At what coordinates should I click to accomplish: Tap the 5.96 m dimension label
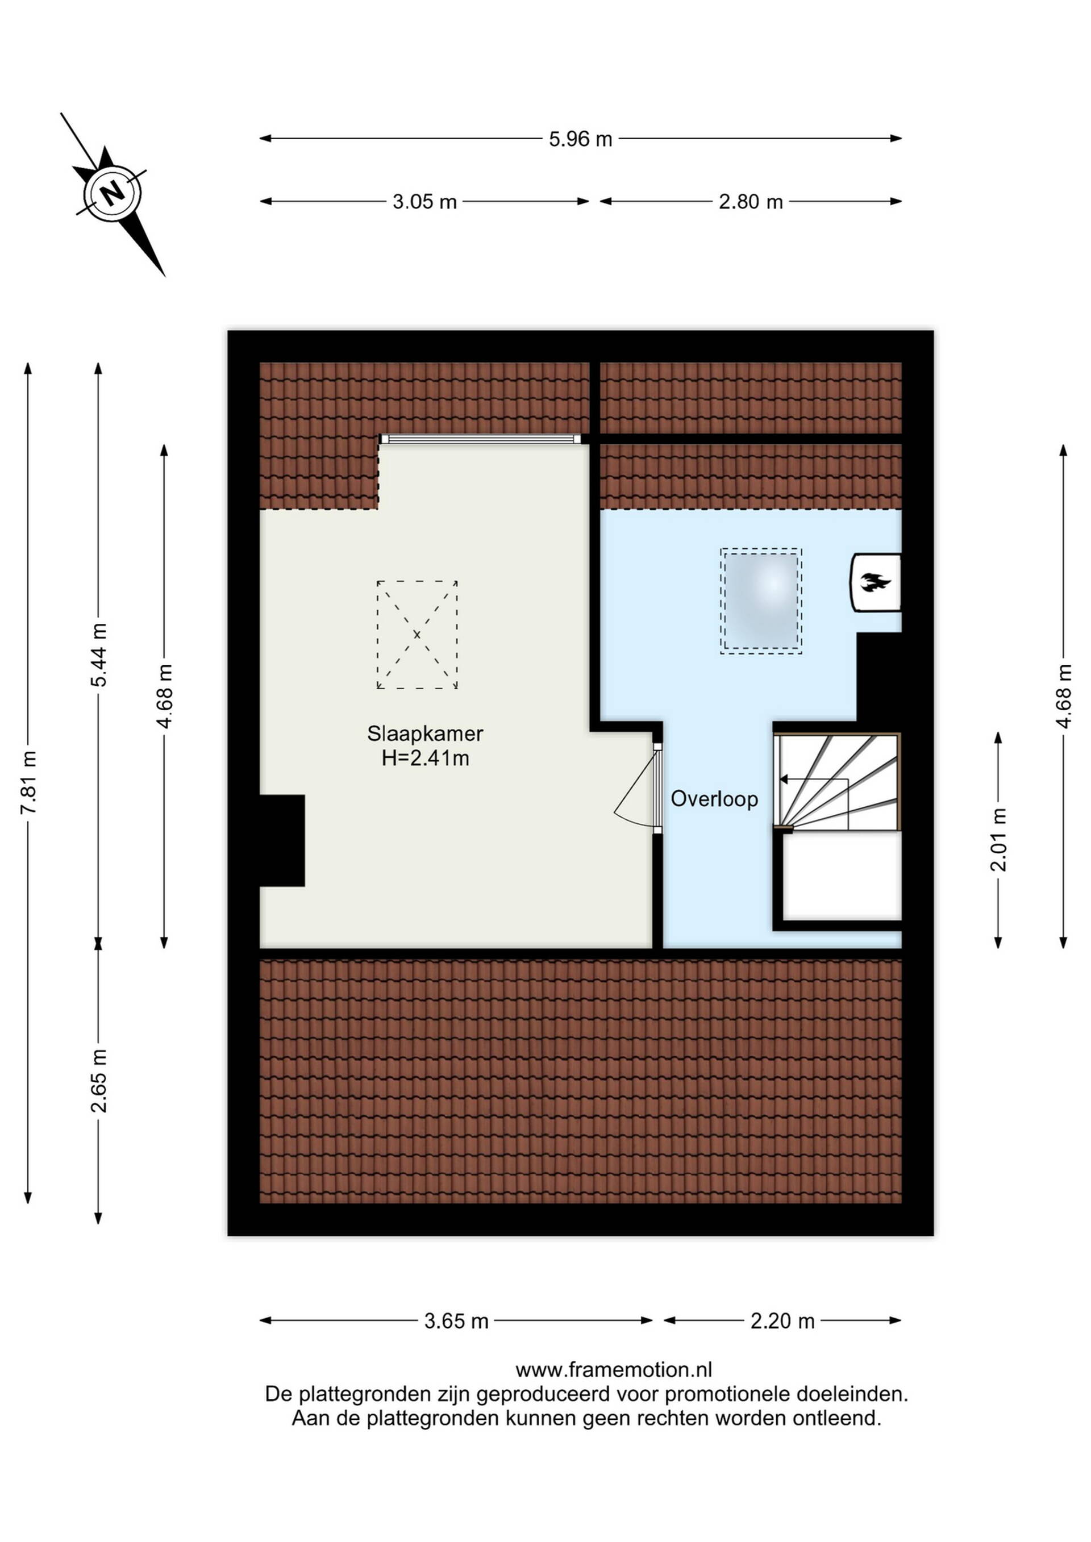pos(580,139)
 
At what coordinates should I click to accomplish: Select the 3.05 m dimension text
pos(424,202)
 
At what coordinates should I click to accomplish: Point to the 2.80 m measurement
pos(751,202)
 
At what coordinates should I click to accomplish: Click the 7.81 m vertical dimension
pos(28,782)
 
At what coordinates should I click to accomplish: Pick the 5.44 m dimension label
pos(99,655)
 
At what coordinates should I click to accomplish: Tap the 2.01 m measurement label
pos(999,840)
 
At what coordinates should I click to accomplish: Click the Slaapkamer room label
pos(424,734)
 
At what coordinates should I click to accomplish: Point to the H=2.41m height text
pos(425,759)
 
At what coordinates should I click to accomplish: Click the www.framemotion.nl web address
pos(613,1369)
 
